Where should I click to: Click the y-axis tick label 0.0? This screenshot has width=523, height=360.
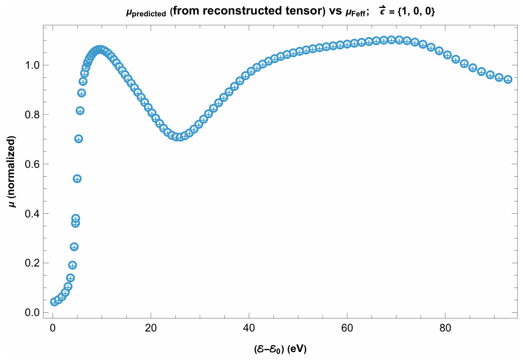pos(32,313)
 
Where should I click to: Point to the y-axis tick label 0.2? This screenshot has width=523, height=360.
pos(32,263)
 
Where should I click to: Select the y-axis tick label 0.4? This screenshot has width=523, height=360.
pos(32,214)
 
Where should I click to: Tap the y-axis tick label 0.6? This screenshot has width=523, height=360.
pos(32,164)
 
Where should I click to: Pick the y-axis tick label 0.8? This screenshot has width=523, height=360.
pos(32,115)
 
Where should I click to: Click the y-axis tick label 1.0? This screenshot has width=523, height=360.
pos(32,65)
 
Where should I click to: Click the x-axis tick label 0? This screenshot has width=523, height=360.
pos(53,328)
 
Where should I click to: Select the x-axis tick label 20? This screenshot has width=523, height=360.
pos(151,328)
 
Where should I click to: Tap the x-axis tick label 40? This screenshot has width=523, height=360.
pos(249,328)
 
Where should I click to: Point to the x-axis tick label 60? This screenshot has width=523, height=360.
pos(347,328)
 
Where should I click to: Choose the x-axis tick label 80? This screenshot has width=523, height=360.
pos(445,328)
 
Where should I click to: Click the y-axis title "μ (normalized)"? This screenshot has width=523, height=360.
pos(12,172)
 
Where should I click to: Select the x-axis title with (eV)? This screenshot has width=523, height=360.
pos(280,349)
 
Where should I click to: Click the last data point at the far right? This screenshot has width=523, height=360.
pos(508,79)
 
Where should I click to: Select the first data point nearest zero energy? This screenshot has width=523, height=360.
pos(54,302)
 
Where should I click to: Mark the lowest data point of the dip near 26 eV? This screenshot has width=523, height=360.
pos(180,137)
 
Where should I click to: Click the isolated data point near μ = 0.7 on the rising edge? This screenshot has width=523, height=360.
pos(79,139)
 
